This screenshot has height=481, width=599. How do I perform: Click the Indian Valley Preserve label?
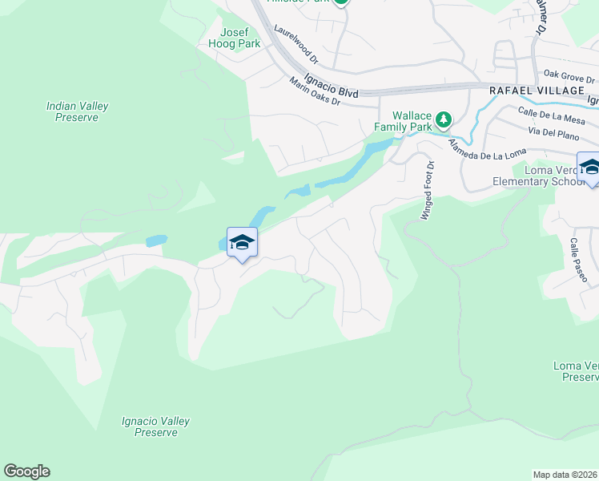tap(78, 111)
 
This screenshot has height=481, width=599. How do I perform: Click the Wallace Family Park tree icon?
tap(443, 120)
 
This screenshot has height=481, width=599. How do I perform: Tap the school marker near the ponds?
tap(242, 242)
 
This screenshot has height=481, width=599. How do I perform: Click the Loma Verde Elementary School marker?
tap(589, 168)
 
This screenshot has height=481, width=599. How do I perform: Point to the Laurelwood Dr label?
tap(295, 44)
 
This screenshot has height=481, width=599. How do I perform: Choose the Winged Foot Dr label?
tap(426, 191)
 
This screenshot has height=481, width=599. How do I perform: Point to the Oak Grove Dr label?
tap(569, 76)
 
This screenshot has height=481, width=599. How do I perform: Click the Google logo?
tap(26, 471)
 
